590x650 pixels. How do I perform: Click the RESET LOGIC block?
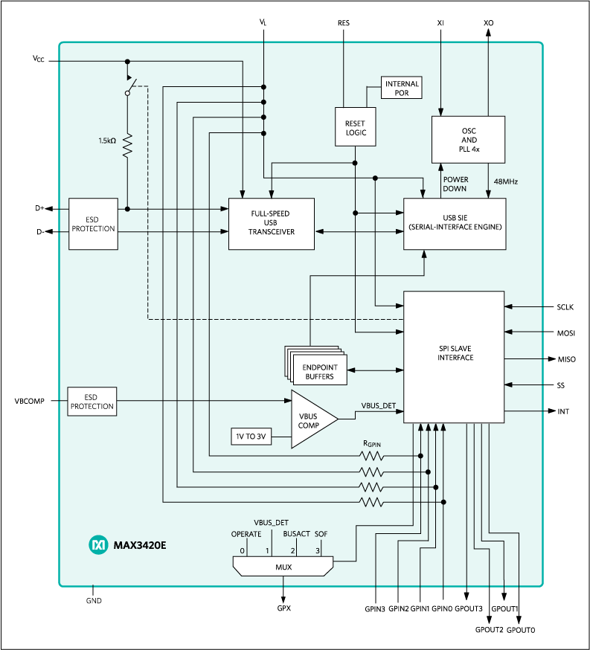coord(355,127)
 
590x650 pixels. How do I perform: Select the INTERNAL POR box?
coord(402,89)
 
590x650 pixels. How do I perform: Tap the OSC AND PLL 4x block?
coord(469,139)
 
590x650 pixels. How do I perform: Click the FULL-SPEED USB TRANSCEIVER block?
coord(271,223)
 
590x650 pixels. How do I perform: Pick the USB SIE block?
coord(454,223)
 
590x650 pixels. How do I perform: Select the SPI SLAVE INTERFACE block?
coord(454,357)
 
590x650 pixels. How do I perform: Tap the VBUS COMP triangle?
coord(310,419)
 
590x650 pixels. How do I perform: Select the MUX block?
coord(283,567)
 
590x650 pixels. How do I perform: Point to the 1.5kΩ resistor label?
coord(107,141)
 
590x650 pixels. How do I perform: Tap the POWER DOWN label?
coord(455,184)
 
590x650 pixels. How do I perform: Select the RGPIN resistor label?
coord(371,443)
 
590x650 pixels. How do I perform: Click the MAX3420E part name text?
coord(140,545)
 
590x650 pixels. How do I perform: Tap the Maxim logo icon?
coord(97,545)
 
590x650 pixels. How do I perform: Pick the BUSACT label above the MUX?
coord(296,534)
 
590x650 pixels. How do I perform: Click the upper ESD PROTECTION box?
coord(93,224)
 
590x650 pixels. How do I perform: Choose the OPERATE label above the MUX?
coord(246,534)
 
